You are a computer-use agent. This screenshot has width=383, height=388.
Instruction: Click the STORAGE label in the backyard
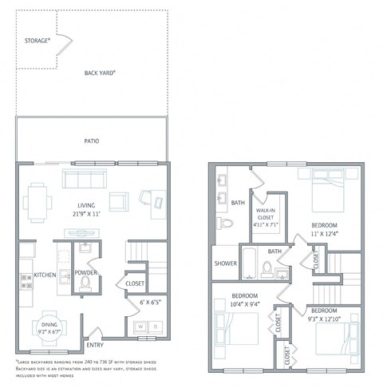pos(38,39)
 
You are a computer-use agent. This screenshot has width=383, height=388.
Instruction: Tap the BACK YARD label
pos(101,73)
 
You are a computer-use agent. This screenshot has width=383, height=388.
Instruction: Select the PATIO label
pos(92,141)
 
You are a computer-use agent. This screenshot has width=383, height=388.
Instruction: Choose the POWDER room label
pos(86,272)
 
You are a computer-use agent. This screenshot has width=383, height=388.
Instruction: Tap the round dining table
pos(49,328)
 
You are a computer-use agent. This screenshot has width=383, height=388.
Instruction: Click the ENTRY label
pos(95,344)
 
